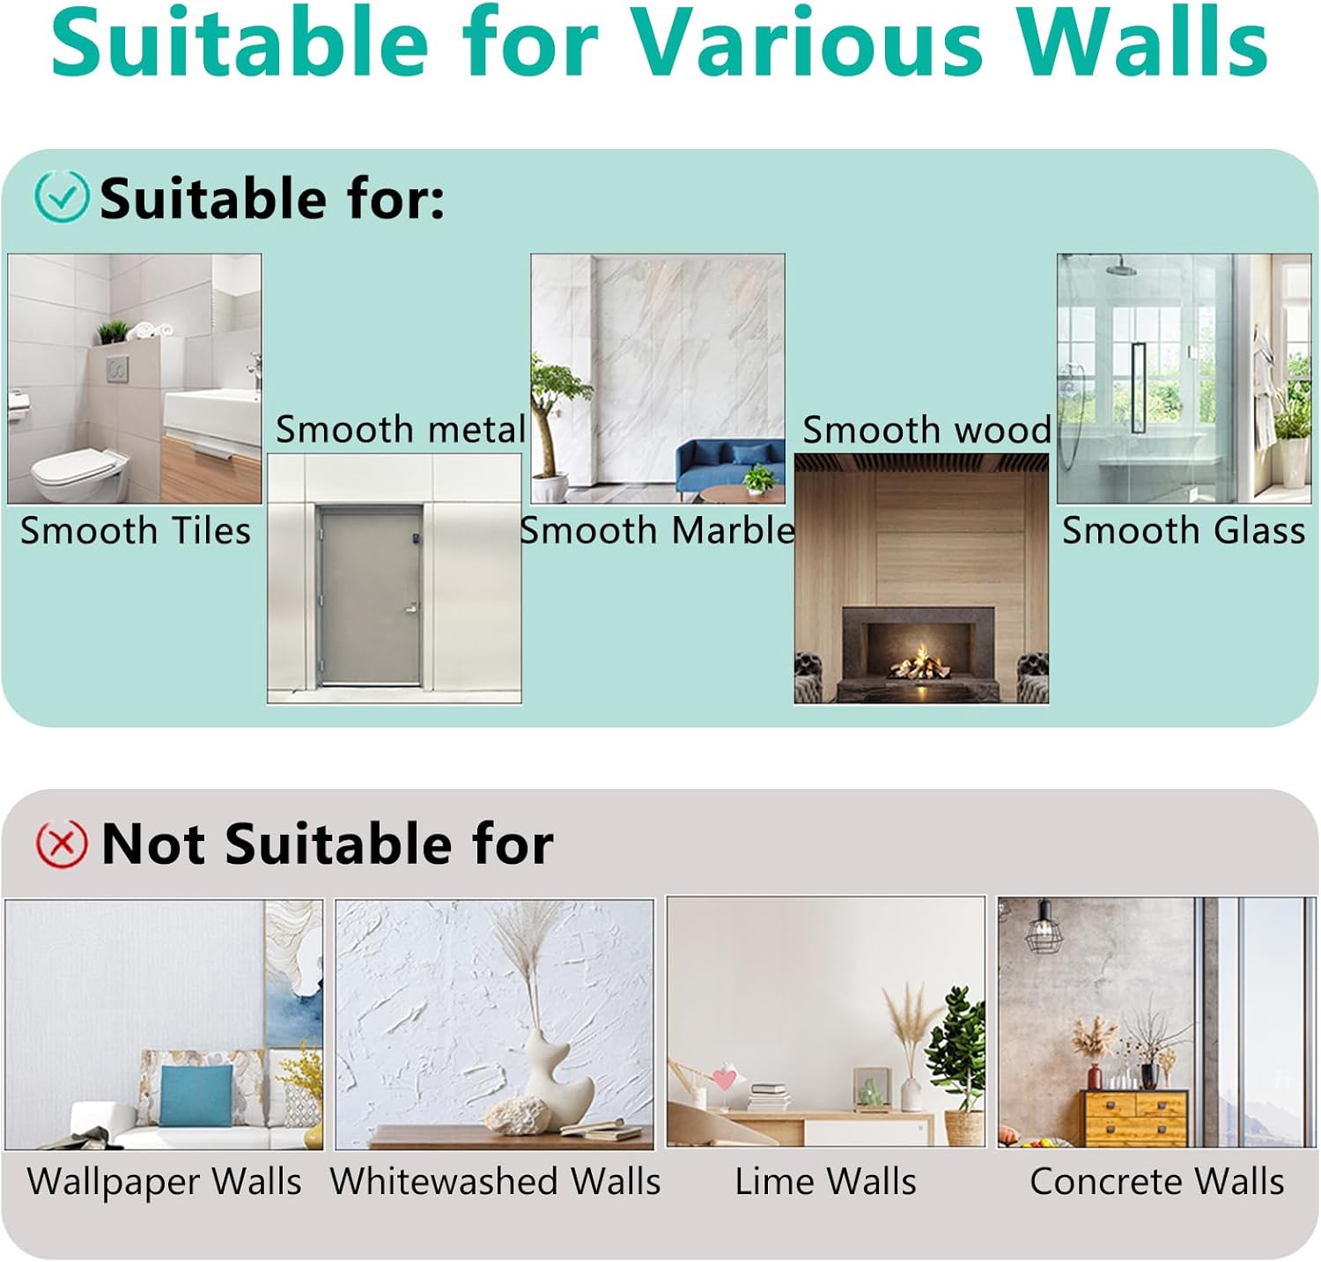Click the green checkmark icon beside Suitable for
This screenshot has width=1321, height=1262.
(62, 196)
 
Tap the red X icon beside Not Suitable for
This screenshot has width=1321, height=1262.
(62, 844)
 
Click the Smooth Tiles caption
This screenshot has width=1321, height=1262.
(136, 531)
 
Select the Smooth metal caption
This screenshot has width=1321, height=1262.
(401, 430)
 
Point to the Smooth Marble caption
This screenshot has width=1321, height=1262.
(657, 530)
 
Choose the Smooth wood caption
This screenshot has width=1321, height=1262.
(926, 430)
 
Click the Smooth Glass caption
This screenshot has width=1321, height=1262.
(1184, 530)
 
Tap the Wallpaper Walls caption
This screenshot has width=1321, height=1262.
(165, 1181)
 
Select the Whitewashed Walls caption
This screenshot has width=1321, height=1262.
(495, 1181)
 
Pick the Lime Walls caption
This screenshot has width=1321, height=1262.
(825, 1181)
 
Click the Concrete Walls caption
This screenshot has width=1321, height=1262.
(1157, 1181)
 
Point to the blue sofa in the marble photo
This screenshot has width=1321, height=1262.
(730, 465)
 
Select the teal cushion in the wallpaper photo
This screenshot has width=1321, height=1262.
(197, 1096)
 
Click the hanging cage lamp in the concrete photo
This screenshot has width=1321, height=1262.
(1044, 926)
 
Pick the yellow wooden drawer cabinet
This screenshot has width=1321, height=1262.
(1134, 1118)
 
